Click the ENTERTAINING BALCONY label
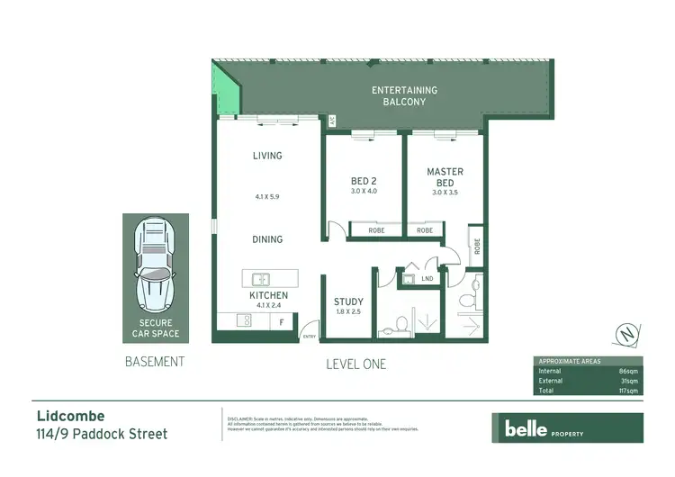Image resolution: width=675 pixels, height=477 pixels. [404, 96]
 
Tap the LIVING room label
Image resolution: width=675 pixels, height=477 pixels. [267, 156]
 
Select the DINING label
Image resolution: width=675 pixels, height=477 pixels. [267, 239]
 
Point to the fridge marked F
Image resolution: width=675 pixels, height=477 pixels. [282, 321]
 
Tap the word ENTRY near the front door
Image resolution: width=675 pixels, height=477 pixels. [310, 337]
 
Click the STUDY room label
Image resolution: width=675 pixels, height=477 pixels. [347, 302]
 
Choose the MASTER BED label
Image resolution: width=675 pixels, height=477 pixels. [445, 176]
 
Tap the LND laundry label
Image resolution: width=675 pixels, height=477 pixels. [427, 279]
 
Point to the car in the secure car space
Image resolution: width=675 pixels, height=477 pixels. [156, 264]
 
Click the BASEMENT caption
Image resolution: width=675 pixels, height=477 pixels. [154, 362]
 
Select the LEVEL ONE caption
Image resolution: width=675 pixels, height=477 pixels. [355, 364]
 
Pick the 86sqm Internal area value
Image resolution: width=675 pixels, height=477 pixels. [625, 370]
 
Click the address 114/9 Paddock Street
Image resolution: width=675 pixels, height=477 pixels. [102, 435]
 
